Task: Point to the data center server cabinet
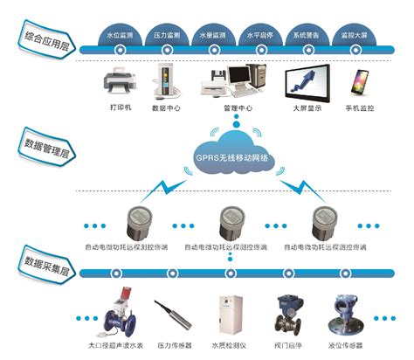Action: click(x=165, y=81)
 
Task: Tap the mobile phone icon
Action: click(x=359, y=84)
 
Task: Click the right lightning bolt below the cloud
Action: click(x=296, y=186)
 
